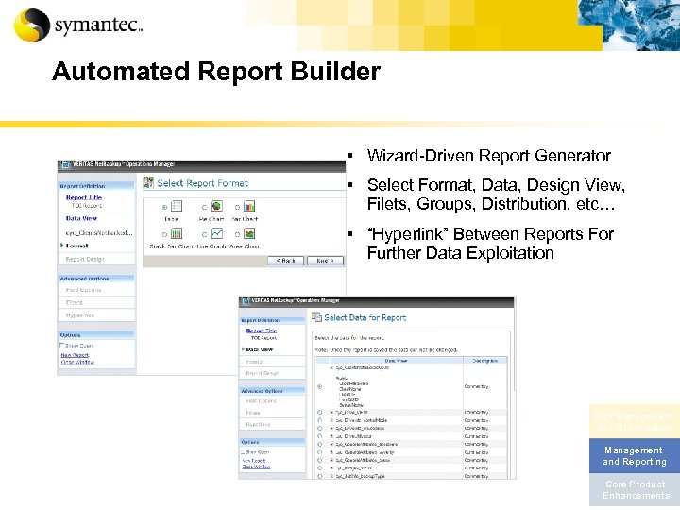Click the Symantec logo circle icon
(32, 25)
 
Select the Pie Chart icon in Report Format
(211, 206)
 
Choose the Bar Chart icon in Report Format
(244, 206)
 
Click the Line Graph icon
(214, 232)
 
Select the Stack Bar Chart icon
(173, 232)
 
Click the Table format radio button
(165, 207)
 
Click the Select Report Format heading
(202, 183)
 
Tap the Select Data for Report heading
(365, 318)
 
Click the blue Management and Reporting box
(634, 456)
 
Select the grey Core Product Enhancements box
(634, 490)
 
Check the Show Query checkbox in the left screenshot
(63, 346)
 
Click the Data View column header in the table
(396, 359)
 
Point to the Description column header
(484, 359)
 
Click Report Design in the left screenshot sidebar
(85, 259)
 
